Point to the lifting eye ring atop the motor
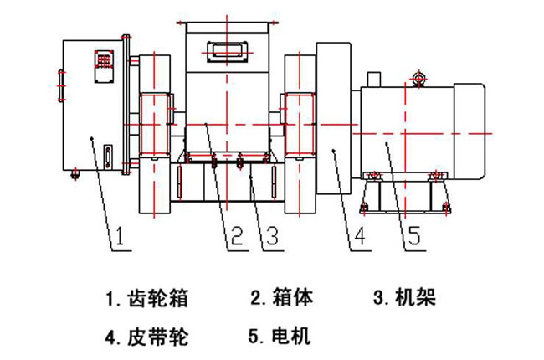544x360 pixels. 420,79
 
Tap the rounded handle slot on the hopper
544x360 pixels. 227,51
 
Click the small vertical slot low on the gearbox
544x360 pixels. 106,157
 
